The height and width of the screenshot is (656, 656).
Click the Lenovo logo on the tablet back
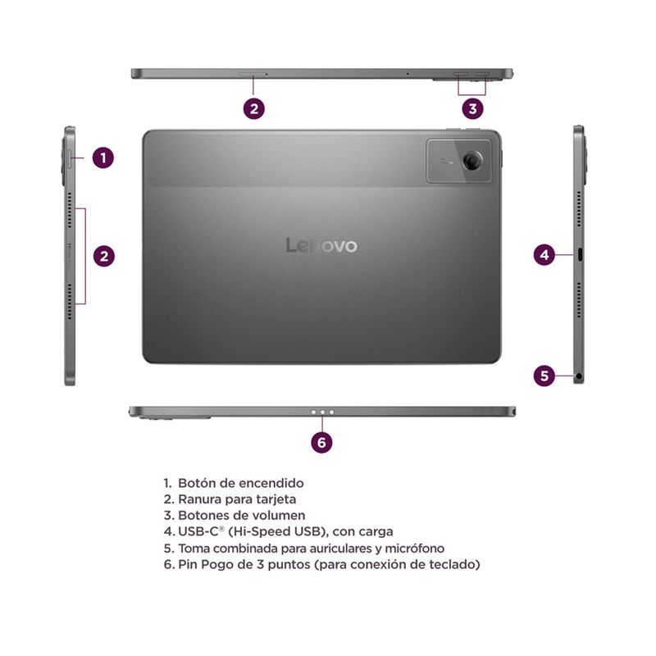pos(321,245)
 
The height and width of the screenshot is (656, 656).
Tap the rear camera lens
pos(472,160)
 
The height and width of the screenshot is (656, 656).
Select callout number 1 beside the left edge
pos(103,157)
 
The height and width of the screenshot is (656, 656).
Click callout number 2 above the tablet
pos(254,109)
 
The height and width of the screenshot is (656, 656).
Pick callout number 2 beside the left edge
pos(104,256)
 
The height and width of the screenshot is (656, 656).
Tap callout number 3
pos(473,109)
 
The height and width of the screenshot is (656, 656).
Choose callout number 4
pos(544,255)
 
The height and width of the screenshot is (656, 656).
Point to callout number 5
pos(544,376)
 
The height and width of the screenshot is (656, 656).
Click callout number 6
pos(321,443)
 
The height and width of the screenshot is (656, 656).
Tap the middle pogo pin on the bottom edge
pos(322,412)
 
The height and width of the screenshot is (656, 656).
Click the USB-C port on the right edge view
pos(580,254)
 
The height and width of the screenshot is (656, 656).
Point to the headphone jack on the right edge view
pos(579,376)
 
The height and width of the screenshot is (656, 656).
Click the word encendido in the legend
pos(271,483)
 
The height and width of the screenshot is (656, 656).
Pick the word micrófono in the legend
pos(414,548)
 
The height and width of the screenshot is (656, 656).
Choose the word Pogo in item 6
pos(217,565)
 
